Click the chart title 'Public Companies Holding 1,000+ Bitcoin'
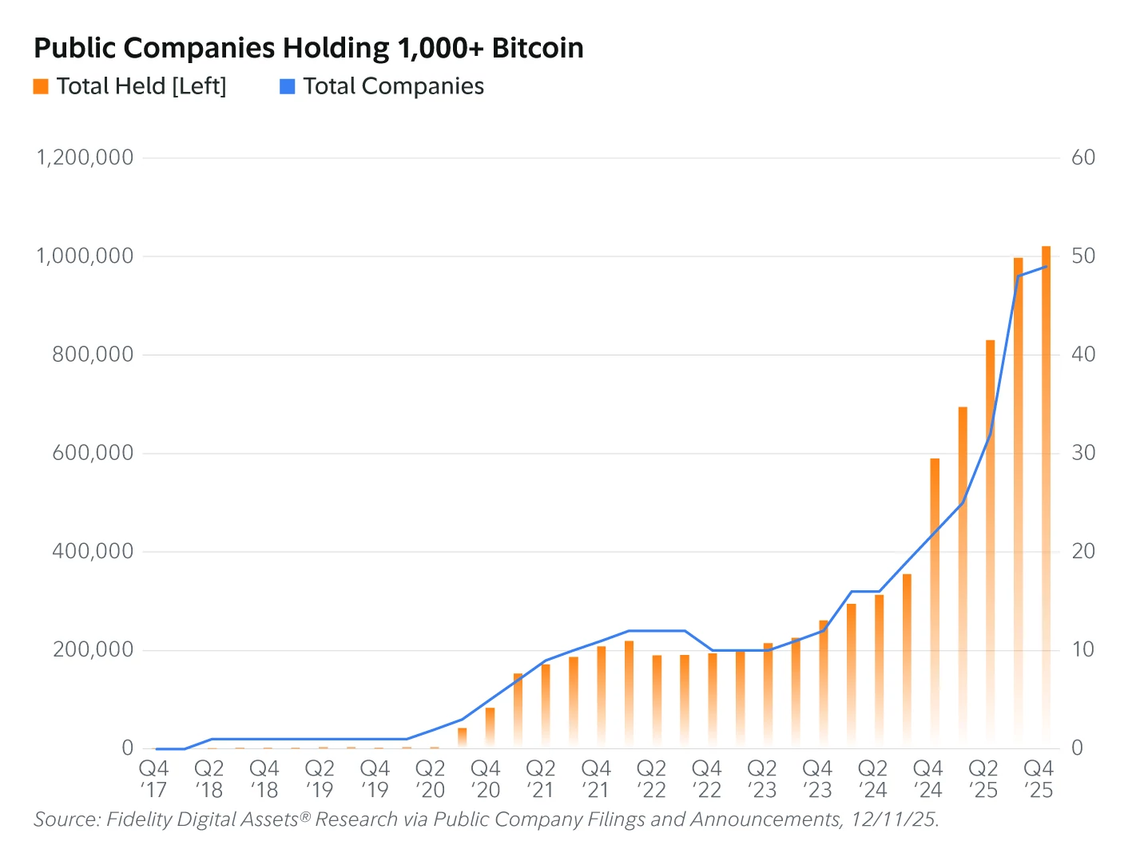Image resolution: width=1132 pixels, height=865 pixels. coord(308,49)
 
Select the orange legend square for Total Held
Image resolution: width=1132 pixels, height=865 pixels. coord(41,86)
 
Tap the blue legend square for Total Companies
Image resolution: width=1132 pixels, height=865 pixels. coord(288,86)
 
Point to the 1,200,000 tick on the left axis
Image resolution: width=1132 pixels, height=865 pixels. coord(85,157)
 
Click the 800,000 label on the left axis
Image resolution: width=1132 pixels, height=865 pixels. coord(93,355)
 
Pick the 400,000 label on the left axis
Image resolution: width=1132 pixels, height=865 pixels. coord(93,551)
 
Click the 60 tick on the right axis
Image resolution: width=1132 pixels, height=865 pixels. coord(1082,157)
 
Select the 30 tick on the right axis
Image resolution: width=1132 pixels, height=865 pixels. coord(1082,453)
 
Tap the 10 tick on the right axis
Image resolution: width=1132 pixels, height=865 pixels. coord(1082,649)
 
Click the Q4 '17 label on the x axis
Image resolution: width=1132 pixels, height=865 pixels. coord(153,780)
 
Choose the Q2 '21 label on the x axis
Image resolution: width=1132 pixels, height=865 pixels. coord(541,780)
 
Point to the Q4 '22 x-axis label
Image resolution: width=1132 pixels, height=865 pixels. coord(707,780)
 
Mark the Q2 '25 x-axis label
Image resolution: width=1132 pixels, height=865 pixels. coord(983,780)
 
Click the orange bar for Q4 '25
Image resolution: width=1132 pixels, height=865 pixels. coord(1046,495)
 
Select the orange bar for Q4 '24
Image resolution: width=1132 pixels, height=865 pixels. coord(935,599)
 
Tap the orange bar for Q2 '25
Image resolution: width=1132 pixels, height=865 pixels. coord(991,543)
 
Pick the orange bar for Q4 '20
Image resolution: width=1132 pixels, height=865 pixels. coord(490,727)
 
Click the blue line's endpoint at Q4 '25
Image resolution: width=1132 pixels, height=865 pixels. coord(1046,267)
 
